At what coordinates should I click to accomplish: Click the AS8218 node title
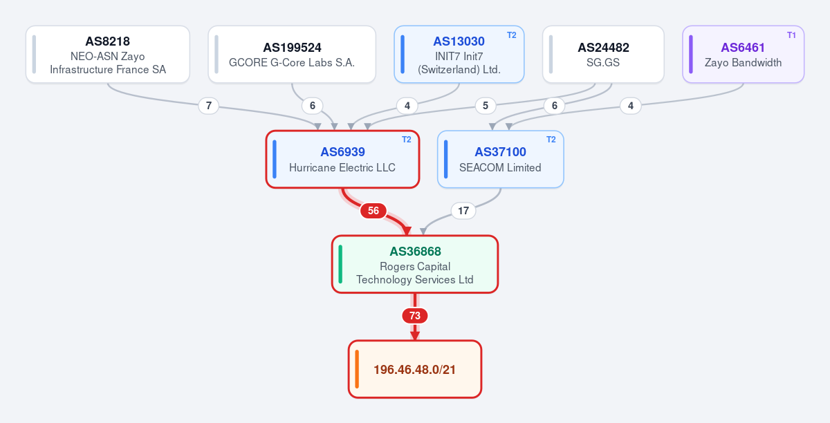coord(107,41)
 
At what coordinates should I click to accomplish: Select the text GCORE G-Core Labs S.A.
coord(292,63)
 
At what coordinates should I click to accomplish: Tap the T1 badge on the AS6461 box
coord(791,35)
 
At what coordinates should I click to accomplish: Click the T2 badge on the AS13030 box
coord(511,35)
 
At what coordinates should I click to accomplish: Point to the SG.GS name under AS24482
coord(603,63)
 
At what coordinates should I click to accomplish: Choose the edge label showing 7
coord(209,106)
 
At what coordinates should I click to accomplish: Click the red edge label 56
coord(373,211)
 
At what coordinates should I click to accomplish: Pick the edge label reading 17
coord(463,211)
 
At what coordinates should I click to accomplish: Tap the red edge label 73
coord(414,316)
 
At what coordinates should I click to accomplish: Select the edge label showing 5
coord(485,106)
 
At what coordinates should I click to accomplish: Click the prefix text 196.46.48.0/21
coord(414,370)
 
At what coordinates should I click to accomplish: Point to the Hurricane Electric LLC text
coord(342,168)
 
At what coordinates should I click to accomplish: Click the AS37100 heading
coord(500,152)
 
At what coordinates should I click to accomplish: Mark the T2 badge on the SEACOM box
coord(551,140)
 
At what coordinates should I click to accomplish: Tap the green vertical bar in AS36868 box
coord(340,264)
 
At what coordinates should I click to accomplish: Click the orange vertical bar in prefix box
coord(357,369)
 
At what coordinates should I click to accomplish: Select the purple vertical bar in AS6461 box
coord(691,54)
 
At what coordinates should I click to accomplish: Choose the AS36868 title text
coord(415,252)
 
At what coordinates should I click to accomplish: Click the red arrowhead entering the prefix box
coord(414,336)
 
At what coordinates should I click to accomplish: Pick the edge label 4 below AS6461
coord(630,106)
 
